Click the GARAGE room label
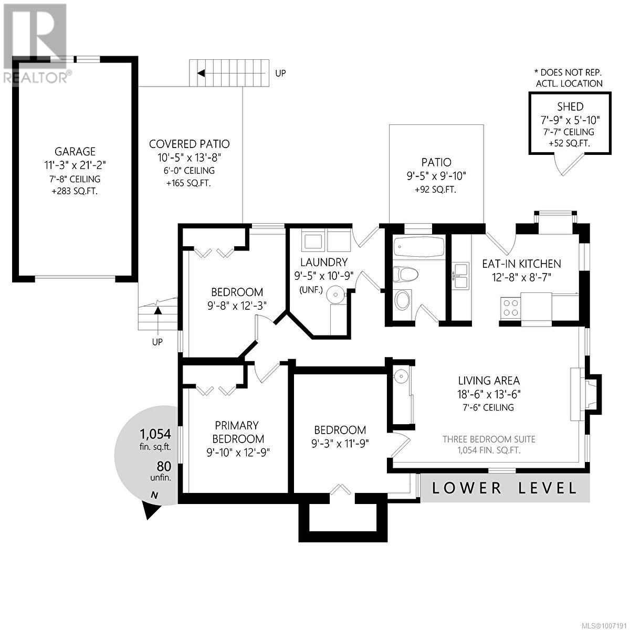point(75,151)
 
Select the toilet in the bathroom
point(406,274)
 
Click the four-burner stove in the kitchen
point(510,307)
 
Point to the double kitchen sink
point(460,276)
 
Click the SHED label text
point(570,107)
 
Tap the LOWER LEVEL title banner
point(505,488)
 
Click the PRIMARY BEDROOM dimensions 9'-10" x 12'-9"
point(238,453)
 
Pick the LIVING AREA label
point(489,381)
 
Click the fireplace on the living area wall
point(585,394)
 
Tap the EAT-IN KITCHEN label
point(521,264)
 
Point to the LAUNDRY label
point(324,262)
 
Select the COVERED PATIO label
point(190,144)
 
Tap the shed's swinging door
point(570,165)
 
